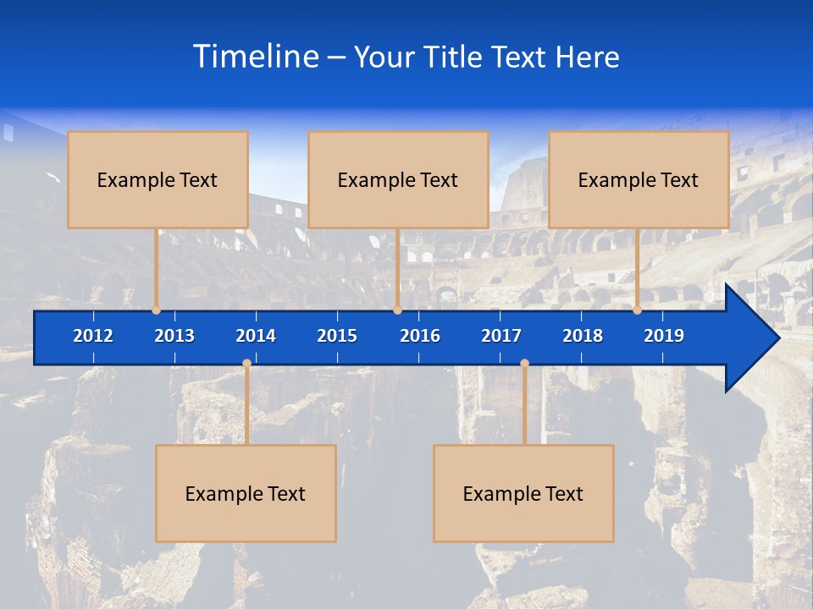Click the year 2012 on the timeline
click(x=93, y=336)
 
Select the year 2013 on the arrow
click(x=174, y=336)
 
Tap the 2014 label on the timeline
click(x=256, y=336)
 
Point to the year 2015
click(x=337, y=336)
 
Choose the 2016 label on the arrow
click(x=420, y=336)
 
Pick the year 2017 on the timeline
click(x=501, y=336)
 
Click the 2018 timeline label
click(x=583, y=336)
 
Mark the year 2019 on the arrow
click(x=664, y=336)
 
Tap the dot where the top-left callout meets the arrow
click(x=156, y=310)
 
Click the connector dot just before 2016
click(x=397, y=310)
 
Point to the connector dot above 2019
click(x=638, y=310)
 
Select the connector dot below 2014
click(x=246, y=364)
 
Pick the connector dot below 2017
click(x=524, y=364)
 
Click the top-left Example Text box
click(x=158, y=180)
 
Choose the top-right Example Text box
click(x=639, y=180)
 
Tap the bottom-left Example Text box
click(x=246, y=494)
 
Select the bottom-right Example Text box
click(x=523, y=494)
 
